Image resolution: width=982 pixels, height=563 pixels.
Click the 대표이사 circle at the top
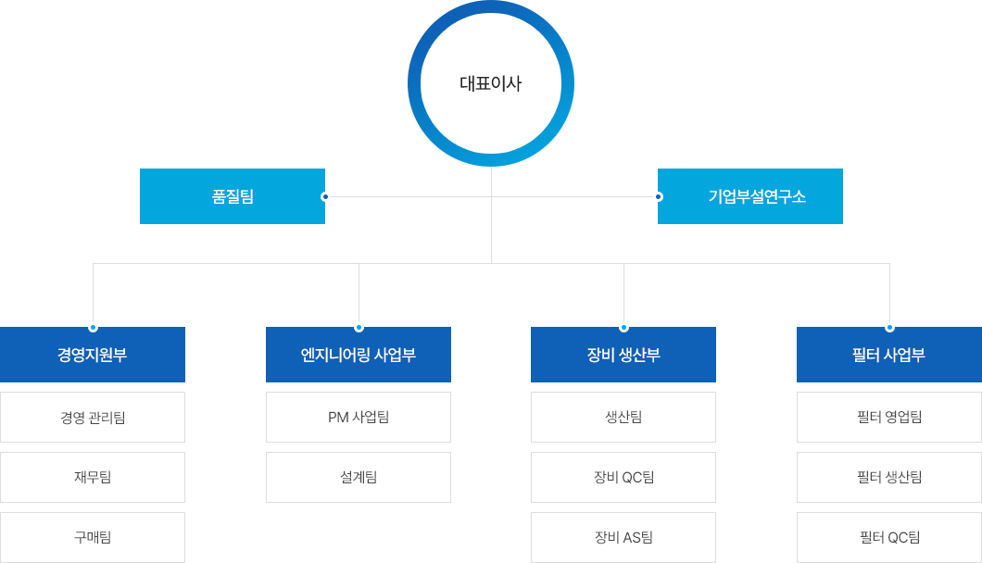point(491,84)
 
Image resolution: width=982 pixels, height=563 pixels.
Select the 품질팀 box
point(232,196)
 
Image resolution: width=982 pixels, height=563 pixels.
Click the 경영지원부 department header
point(93,356)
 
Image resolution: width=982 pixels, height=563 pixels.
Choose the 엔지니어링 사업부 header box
point(359,356)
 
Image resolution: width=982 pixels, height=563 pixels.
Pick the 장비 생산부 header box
point(623,356)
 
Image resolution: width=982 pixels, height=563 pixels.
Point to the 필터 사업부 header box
point(889,356)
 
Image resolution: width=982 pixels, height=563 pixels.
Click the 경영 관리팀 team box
point(93,417)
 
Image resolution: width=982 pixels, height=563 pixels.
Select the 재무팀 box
point(93,477)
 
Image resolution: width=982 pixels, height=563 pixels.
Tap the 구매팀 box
point(93,537)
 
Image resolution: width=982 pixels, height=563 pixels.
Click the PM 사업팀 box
point(359,417)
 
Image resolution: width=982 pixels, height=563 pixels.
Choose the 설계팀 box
point(359,477)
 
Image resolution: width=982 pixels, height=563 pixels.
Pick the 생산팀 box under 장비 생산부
point(623,417)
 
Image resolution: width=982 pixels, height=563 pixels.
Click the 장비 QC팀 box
point(623,477)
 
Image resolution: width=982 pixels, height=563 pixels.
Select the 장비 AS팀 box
point(623,537)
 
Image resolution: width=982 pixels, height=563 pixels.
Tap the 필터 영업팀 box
point(889,417)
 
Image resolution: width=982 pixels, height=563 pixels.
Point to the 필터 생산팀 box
point(889,477)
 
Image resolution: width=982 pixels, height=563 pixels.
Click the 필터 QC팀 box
point(889,537)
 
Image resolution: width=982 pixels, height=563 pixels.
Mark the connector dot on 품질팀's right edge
point(324,196)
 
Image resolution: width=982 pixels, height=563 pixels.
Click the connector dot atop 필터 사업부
point(889,327)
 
